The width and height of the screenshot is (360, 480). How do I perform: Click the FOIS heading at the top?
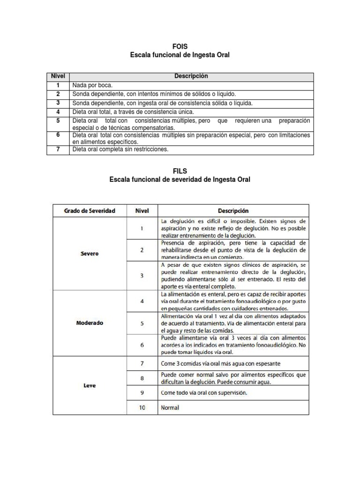click(180, 46)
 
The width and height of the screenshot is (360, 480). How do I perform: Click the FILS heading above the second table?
click(180, 171)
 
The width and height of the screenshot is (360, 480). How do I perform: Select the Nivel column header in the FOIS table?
click(58, 76)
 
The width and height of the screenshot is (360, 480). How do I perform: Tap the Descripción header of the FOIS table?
click(191, 76)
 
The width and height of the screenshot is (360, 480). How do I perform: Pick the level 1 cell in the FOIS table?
click(58, 85)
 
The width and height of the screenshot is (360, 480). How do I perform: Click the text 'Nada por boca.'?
click(92, 85)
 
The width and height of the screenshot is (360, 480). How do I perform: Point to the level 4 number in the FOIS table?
click(58, 112)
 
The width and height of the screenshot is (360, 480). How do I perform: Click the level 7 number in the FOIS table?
click(58, 150)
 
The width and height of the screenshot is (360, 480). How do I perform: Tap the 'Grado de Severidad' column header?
click(90, 211)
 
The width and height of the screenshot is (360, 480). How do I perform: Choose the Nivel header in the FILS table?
click(142, 211)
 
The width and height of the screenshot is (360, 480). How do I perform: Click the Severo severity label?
click(90, 254)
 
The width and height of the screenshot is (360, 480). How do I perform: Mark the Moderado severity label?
click(90, 323)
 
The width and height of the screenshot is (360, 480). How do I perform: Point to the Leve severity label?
click(90, 386)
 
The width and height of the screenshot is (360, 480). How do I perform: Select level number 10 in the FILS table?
click(142, 408)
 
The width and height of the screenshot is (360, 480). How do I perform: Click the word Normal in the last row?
click(170, 408)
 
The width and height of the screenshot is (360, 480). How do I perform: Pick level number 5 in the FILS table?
click(142, 323)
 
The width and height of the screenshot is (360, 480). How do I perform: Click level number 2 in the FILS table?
click(142, 250)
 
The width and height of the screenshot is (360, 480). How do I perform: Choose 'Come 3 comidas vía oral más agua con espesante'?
click(220, 364)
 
